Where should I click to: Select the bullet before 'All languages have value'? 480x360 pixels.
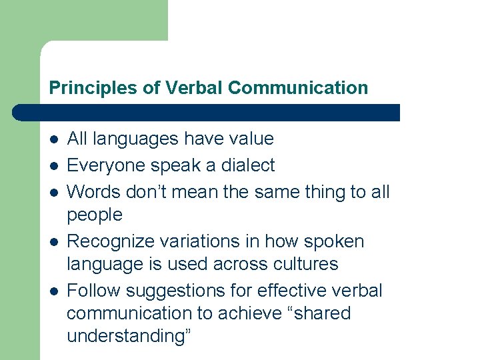(x=53, y=139)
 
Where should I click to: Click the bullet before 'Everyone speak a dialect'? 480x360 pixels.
(x=53, y=165)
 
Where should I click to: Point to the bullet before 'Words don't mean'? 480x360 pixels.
(x=53, y=193)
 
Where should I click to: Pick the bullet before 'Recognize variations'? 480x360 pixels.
(x=53, y=242)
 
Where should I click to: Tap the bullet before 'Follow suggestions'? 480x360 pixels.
(x=53, y=291)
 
